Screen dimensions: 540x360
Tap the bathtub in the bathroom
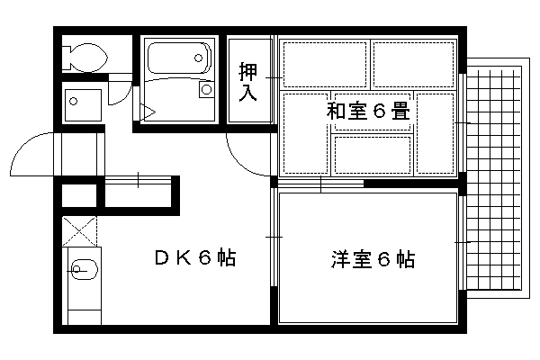(179, 58)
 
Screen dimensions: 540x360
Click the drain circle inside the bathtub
(198, 58)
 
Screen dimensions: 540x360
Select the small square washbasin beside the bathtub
(207, 90)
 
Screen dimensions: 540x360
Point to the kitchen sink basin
(85, 269)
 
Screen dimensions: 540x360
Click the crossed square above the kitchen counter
(79, 231)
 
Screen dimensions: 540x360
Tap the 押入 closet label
(248, 82)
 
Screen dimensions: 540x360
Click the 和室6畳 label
(368, 111)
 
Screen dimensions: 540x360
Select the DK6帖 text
(195, 257)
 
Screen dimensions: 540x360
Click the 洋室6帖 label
(373, 259)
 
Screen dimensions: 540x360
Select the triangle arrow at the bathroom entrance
(148, 112)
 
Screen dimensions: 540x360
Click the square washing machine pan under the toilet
(83, 105)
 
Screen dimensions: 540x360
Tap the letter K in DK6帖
(184, 257)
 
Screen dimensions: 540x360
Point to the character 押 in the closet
(248, 71)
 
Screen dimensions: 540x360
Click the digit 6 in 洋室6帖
(384, 259)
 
